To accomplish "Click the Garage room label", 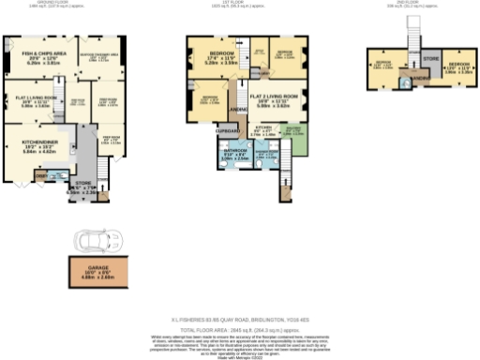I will [97, 272].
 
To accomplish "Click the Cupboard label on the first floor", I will [229, 131].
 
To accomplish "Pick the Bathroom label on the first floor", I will [234, 154].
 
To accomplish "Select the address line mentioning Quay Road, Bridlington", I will [240, 318].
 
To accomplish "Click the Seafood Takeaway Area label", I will [102, 57].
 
